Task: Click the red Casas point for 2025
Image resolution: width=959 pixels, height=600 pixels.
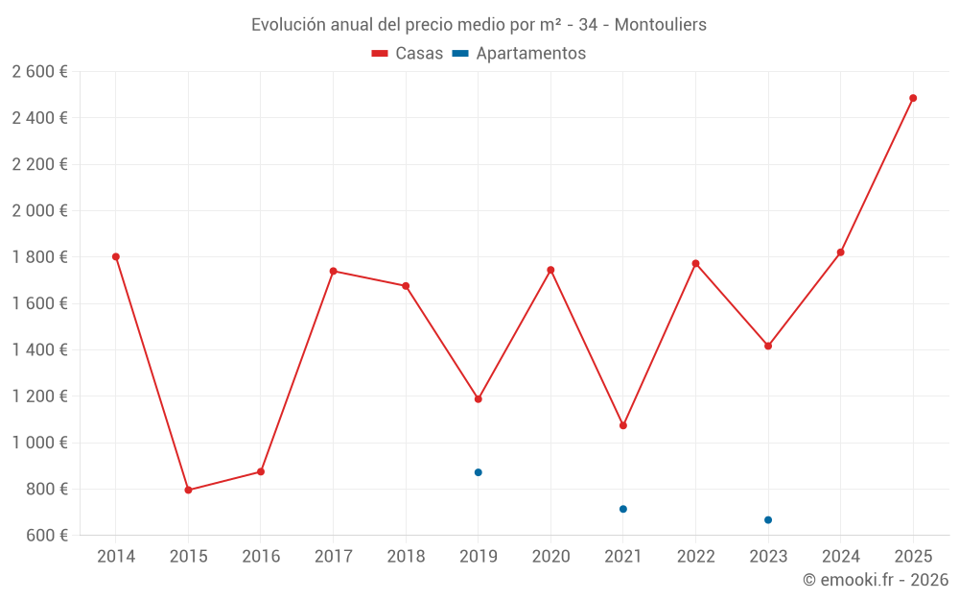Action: (x=913, y=98)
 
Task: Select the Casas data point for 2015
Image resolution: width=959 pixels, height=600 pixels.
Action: (x=188, y=491)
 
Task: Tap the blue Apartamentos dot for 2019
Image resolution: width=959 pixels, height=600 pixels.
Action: (x=478, y=472)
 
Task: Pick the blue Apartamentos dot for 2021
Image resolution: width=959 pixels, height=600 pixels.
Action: (x=623, y=509)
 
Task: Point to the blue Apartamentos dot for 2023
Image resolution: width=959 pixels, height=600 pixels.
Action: (x=768, y=520)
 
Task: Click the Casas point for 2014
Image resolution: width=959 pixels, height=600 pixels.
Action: (x=116, y=256)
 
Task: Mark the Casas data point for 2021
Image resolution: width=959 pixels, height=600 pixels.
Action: (x=623, y=425)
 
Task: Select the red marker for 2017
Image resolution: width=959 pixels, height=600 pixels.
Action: (x=333, y=271)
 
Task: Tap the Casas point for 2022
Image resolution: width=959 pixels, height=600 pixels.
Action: (x=695, y=263)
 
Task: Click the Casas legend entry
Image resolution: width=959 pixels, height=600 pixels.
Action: (x=408, y=54)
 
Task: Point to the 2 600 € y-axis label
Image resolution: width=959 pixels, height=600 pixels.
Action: (x=39, y=72)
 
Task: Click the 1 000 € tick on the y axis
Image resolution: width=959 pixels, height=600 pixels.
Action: (x=39, y=443)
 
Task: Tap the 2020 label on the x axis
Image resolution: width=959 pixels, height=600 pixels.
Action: (x=550, y=557)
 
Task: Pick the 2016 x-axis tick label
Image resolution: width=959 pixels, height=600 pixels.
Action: (x=261, y=557)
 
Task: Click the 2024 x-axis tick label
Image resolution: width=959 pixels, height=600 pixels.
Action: (x=840, y=557)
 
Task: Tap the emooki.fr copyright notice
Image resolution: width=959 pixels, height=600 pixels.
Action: (x=875, y=580)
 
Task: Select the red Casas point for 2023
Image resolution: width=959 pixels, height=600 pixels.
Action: (x=768, y=346)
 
